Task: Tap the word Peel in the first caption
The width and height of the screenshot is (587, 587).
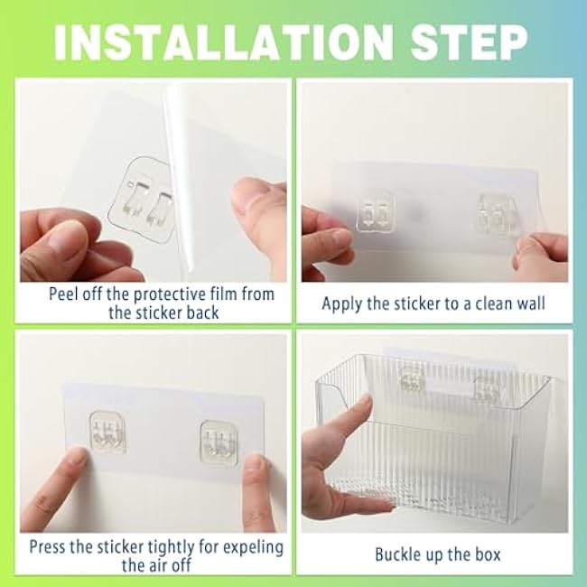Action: click(x=64, y=294)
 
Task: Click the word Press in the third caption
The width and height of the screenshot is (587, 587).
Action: click(x=48, y=547)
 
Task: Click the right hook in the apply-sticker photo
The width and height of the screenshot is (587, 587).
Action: click(x=495, y=217)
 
